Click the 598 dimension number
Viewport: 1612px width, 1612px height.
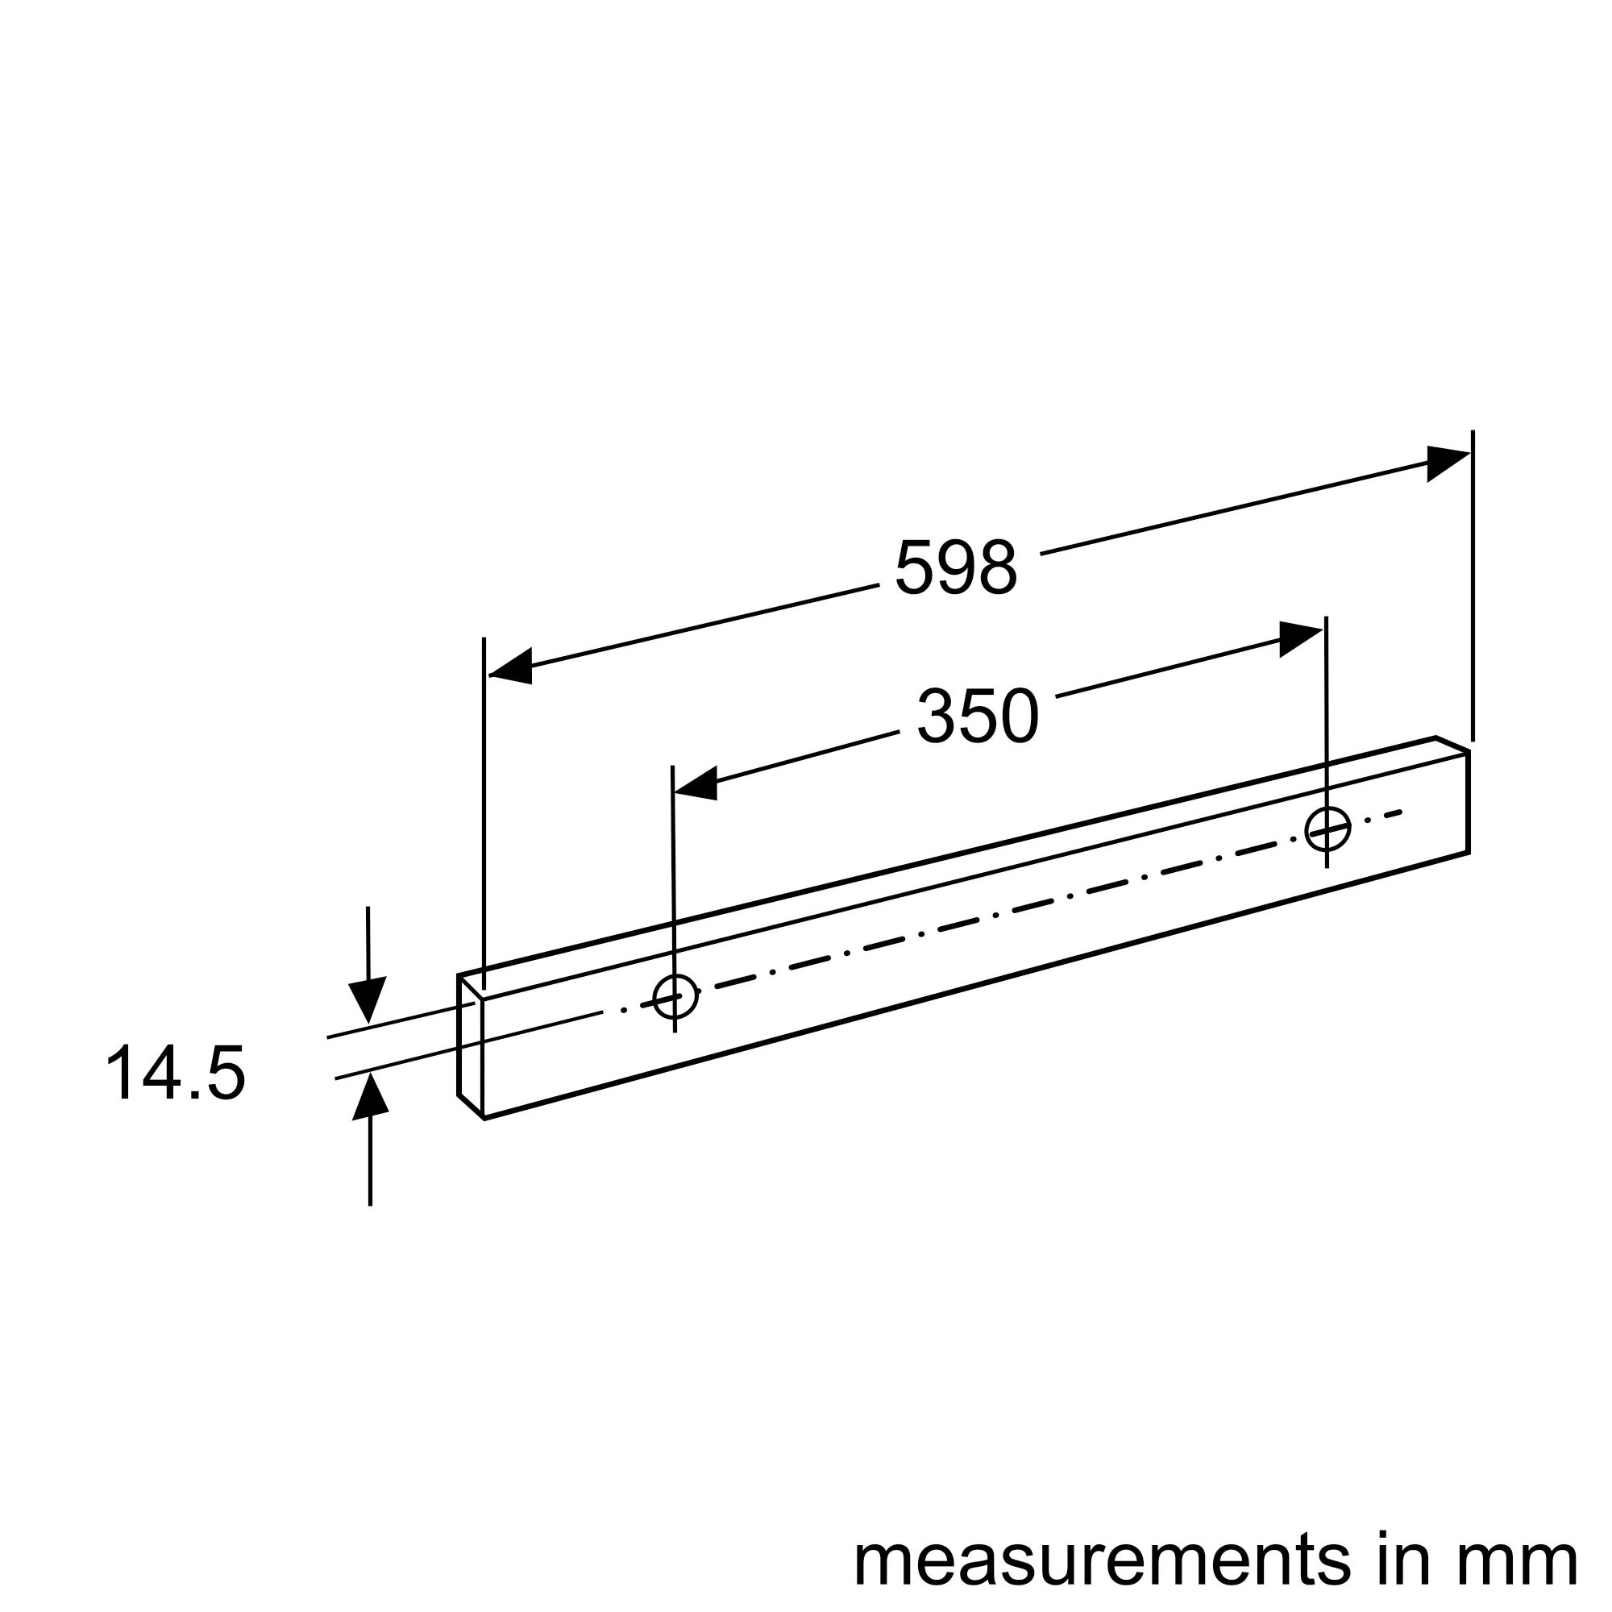pos(955,567)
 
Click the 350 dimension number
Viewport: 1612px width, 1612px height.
pos(978,716)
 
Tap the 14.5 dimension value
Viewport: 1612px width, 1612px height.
pos(175,1073)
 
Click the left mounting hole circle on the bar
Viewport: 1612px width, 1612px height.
pos(675,996)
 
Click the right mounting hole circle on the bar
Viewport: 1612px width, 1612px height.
pos(1327,829)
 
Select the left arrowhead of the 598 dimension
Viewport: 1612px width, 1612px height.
pos(512,667)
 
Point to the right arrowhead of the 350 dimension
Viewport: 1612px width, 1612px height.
pos(1300,638)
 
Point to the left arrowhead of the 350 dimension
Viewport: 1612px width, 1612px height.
pos(696,783)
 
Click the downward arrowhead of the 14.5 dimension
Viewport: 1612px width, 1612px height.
pos(367,997)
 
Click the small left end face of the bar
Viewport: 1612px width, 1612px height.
pos(471,1047)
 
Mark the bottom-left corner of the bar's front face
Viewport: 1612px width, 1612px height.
pos(484,1118)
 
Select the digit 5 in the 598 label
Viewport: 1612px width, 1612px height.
pos(914,567)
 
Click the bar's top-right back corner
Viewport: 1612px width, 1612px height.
pos(1436,737)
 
